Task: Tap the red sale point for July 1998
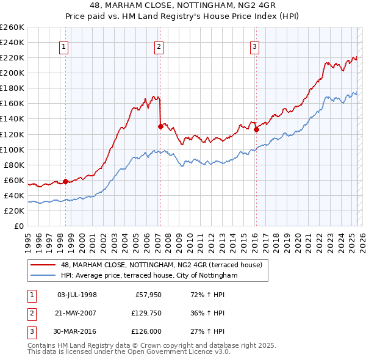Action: coord(65,181)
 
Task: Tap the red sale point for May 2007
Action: coord(160,126)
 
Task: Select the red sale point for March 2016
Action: coord(256,129)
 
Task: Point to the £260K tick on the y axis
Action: coord(12,27)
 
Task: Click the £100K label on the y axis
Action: coord(12,149)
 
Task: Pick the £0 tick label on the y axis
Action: coord(20,226)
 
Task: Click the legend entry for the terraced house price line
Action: coord(161,265)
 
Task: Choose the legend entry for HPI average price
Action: coord(148,275)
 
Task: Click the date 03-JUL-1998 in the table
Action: coord(77,295)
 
